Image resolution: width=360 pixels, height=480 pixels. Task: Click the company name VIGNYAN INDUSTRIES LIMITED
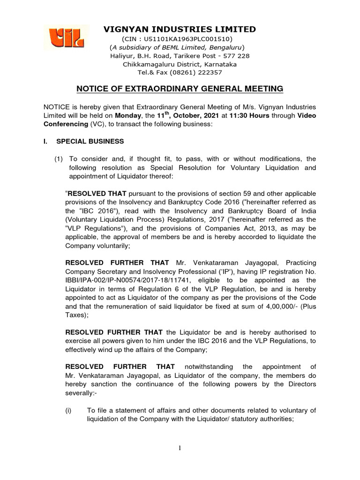pos(180,30)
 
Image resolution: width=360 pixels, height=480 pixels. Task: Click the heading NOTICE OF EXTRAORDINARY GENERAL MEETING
pos(180,89)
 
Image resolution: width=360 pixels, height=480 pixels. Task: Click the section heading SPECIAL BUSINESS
pos(90,141)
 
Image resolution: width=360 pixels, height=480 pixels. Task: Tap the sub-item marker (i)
pos(68,411)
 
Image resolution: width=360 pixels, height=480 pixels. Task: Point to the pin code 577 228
pos(236,56)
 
